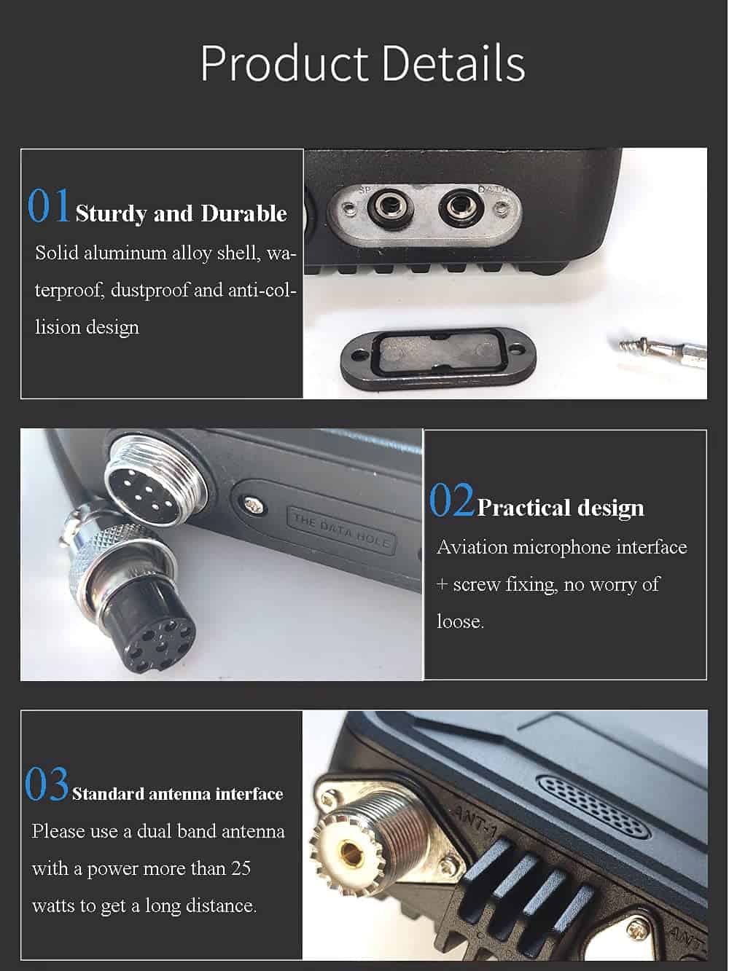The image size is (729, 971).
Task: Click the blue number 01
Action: (48, 205)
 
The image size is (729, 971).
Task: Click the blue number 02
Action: (451, 500)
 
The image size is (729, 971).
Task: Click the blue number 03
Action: (47, 785)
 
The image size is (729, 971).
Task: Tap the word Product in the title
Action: (284, 63)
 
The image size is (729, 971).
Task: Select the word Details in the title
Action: (453, 63)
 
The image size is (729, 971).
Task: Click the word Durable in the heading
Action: (244, 213)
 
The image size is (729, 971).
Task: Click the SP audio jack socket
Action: (391, 208)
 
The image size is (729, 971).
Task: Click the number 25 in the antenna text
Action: (241, 868)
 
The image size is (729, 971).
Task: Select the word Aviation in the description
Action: (472, 548)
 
